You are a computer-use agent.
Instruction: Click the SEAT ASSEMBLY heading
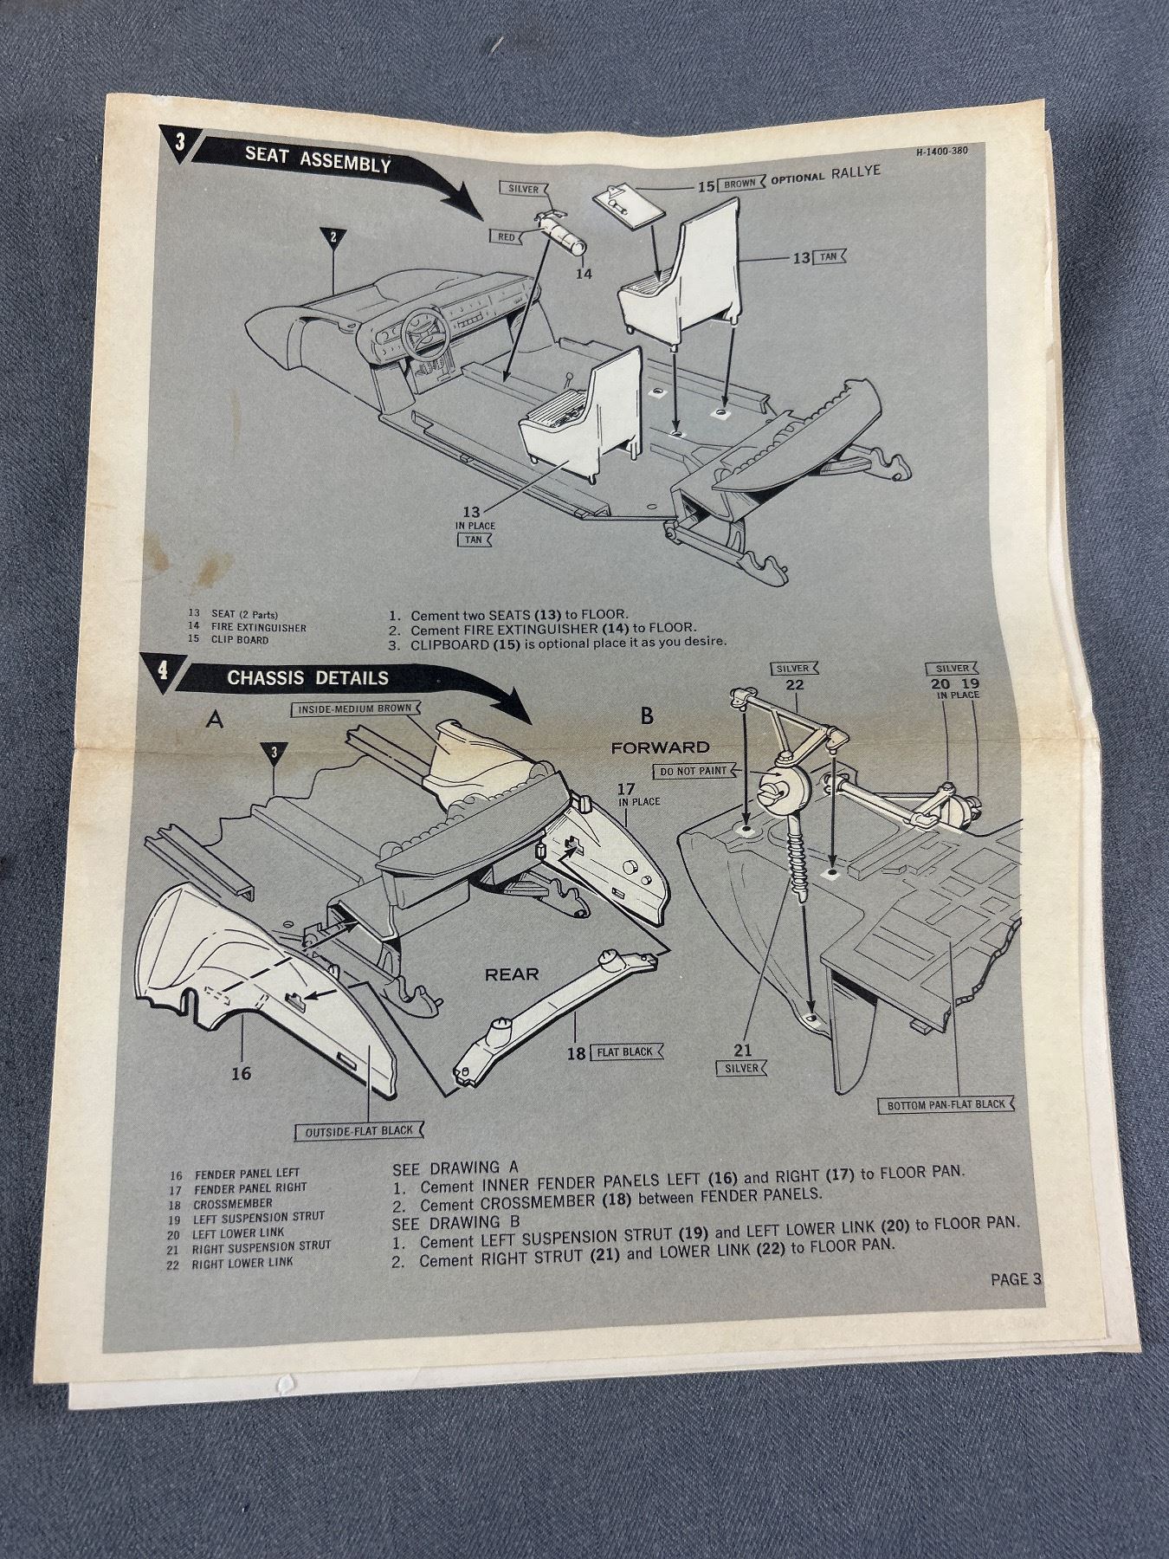(x=318, y=159)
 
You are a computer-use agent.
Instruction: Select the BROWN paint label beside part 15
(x=740, y=184)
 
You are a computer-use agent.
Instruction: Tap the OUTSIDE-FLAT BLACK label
(x=358, y=1131)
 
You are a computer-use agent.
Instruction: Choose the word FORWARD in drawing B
(x=660, y=747)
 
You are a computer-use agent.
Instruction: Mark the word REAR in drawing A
(x=512, y=974)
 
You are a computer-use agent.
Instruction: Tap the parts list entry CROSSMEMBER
(x=232, y=1203)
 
